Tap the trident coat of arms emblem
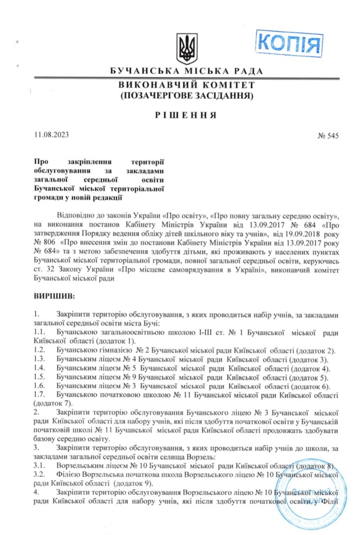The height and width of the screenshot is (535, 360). point(186,49)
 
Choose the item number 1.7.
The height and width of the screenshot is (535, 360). point(40,394)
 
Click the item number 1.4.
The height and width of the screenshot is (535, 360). point(40,368)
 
